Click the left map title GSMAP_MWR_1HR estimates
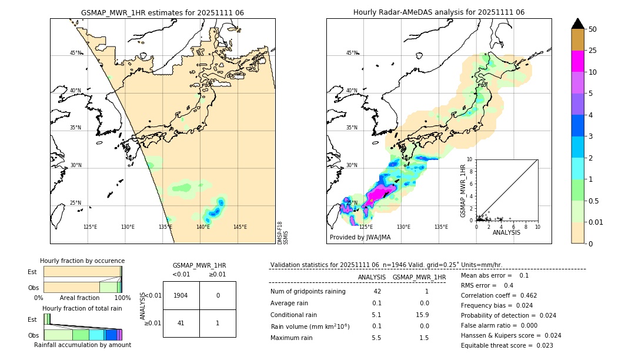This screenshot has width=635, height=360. tap(162, 12)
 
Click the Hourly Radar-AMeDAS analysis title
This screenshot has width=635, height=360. tap(439, 12)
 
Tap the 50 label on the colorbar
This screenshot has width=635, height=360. tap(593, 29)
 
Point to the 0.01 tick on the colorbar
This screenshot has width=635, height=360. tap(596, 222)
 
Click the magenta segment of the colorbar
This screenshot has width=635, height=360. tap(577, 61)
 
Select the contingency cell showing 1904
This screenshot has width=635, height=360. tap(181, 295)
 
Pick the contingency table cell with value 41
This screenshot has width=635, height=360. tap(181, 323)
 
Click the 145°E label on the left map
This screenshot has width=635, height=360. tap(240, 227)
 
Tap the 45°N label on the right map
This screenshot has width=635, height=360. tap(352, 53)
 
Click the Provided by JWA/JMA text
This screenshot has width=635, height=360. tap(360, 237)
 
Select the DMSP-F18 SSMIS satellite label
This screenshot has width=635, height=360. tap(283, 233)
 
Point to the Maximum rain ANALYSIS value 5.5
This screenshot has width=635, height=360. tap(376, 338)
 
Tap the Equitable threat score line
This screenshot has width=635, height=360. tap(507, 345)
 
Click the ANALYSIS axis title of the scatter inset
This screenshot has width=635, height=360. tap(506, 232)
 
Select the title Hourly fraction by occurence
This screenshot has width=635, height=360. tap(82, 261)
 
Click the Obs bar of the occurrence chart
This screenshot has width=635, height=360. tap(82, 287)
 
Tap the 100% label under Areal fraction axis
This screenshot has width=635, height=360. tap(122, 298)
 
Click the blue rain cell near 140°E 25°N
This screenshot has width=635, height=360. tap(218, 210)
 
